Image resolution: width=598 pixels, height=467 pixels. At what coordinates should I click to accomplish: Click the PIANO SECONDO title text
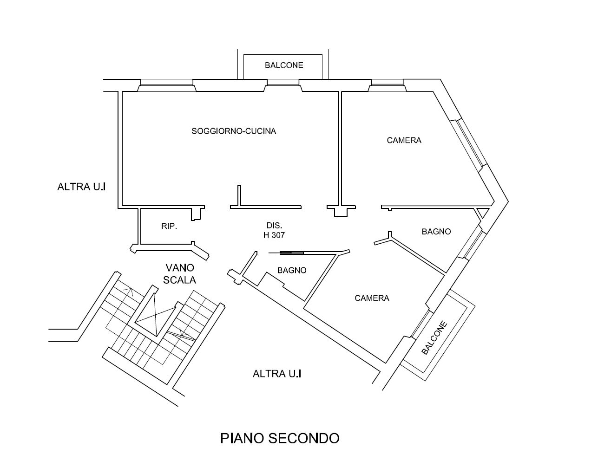(280, 438)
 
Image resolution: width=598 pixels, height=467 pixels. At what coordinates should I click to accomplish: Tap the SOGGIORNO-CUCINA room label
(234, 131)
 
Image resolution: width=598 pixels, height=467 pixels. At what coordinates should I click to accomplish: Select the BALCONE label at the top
(284, 65)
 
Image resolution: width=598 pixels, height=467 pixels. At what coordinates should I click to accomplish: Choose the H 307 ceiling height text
(274, 235)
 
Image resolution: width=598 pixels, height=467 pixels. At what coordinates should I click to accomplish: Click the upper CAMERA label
(404, 140)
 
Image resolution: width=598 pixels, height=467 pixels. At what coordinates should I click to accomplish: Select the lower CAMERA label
(372, 298)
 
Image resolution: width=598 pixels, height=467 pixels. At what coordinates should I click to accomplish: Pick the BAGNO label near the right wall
(436, 231)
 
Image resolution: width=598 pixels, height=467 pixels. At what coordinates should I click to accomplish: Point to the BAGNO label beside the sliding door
(292, 270)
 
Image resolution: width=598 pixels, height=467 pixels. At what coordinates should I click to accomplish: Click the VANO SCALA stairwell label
(180, 274)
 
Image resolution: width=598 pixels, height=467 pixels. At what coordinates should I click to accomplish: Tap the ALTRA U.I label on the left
(82, 187)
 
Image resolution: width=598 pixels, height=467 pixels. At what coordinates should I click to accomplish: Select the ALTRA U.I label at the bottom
(277, 373)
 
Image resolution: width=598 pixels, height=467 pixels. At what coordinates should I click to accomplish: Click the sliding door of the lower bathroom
(291, 253)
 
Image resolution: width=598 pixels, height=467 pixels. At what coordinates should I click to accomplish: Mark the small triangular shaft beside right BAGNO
(483, 213)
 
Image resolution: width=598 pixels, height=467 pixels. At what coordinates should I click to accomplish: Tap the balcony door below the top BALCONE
(283, 83)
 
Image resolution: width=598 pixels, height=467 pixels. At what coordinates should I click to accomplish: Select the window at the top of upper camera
(387, 83)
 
